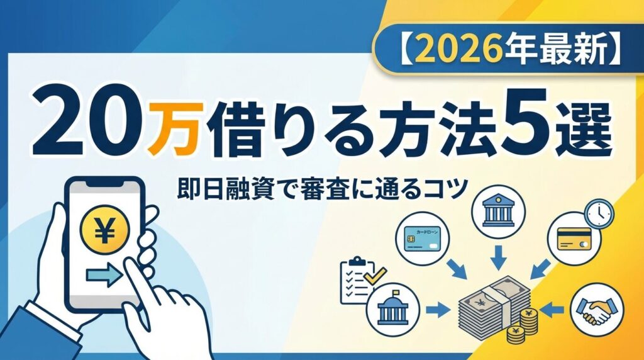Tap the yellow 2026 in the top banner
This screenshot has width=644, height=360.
[462, 49]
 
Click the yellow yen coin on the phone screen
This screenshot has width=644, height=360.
[105, 230]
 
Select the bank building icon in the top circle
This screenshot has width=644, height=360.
[498, 211]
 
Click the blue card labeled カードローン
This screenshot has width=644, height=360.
[422, 239]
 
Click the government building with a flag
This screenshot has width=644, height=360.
[393, 308]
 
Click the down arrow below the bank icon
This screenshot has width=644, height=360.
[499, 257]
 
